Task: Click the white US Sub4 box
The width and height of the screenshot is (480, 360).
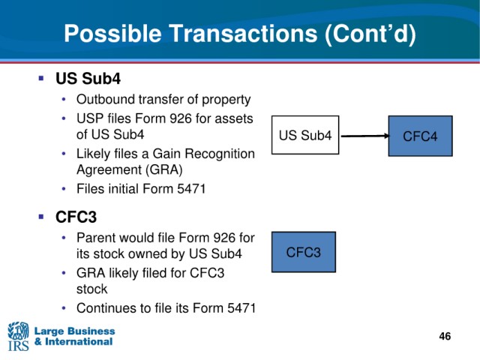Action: tap(305, 135)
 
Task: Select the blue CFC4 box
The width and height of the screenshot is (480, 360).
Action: tap(420, 136)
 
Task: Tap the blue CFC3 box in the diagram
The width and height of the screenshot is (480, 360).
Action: tap(304, 252)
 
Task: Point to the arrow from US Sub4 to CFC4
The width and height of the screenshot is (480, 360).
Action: tap(365, 136)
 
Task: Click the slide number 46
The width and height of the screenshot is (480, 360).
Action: tap(445, 336)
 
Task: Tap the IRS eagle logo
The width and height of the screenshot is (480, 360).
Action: tap(18, 336)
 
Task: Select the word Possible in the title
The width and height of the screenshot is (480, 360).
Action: tap(112, 33)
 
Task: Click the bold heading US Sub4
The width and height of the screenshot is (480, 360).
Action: tap(88, 78)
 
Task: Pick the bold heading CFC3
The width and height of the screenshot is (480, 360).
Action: tap(76, 217)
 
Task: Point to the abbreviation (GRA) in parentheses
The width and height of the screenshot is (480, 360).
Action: tap(163, 169)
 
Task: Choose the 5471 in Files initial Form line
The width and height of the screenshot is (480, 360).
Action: tap(191, 188)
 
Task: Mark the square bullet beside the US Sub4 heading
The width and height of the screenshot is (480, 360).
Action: tap(41, 78)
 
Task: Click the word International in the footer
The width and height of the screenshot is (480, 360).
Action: tap(79, 342)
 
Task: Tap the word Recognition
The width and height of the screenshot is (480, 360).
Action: tap(220, 154)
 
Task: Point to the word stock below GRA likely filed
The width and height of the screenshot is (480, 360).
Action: tap(91, 289)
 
